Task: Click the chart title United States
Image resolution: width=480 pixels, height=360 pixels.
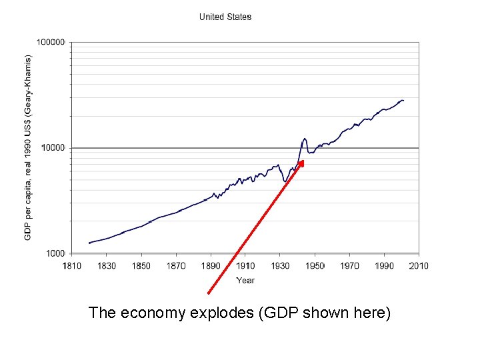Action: (225, 17)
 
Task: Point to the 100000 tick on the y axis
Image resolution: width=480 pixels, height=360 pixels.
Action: (51, 42)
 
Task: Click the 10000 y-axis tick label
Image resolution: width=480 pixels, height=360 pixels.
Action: (53, 147)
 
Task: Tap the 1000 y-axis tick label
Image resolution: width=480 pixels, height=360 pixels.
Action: (55, 253)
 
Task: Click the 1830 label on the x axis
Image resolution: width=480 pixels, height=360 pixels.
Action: (107, 266)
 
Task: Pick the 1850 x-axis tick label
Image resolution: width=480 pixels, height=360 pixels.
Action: (141, 266)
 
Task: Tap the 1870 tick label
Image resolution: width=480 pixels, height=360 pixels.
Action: (176, 266)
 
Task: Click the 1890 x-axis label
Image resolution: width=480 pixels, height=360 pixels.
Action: (211, 266)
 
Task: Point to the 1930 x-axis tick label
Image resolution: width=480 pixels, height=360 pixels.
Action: (280, 266)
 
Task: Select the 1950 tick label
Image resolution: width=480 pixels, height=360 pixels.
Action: (315, 266)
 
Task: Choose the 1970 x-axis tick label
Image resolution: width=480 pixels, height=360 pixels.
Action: (349, 266)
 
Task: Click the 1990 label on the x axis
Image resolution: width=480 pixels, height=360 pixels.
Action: (384, 266)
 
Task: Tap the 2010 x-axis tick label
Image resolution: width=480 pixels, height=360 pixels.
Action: (419, 266)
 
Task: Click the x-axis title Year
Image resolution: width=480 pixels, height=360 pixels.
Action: (245, 280)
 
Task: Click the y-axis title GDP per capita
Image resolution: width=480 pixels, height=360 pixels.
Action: (28, 139)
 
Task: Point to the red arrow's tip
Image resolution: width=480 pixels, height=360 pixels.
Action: (303, 160)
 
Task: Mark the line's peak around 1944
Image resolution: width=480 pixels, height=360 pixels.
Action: (305, 139)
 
